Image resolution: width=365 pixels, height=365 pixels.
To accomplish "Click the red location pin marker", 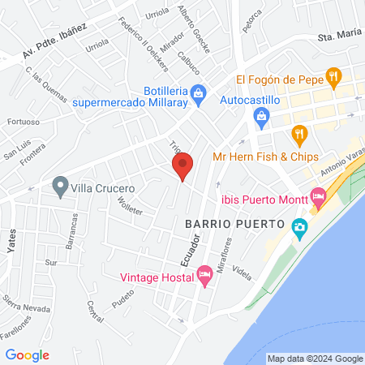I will click(x=182, y=165).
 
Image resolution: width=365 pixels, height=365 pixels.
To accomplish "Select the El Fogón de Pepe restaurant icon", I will click(x=333, y=78).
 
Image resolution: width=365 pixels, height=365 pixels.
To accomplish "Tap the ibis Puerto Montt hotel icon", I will click(x=318, y=196).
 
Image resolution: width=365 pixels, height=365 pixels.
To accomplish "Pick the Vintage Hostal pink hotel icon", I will click(x=204, y=277).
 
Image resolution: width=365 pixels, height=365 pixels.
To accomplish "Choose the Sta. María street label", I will click(x=337, y=37).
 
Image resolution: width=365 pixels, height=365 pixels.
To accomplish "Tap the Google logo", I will click(x=27, y=354).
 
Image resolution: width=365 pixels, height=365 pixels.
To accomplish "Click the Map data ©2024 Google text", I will click(x=316, y=359).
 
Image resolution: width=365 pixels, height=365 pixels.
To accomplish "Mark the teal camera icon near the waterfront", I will click(x=299, y=227).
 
